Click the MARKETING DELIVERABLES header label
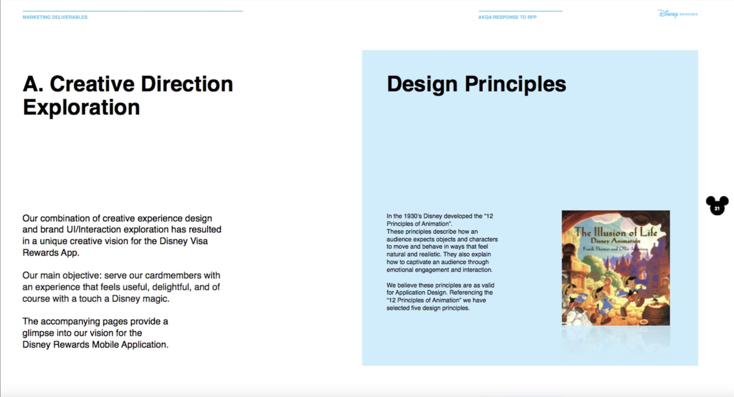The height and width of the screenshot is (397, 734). click(55, 17)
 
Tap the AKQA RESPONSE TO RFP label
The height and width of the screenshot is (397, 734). click(507, 17)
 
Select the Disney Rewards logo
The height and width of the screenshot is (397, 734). click(678, 13)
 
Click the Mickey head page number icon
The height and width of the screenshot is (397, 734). click(717, 205)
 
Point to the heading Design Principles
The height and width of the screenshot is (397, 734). click(477, 84)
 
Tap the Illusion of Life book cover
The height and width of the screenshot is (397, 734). click(616, 268)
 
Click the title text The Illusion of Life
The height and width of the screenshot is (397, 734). click(616, 232)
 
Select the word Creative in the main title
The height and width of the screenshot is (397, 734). click(92, 84)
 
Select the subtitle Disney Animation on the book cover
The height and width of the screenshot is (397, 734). click(615, 241)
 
